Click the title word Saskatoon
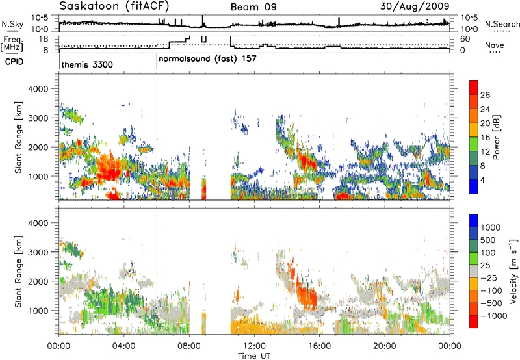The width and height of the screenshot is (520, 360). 89,6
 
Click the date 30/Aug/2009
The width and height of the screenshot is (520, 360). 415,6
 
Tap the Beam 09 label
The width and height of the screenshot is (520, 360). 253,7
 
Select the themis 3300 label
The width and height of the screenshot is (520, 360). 87,64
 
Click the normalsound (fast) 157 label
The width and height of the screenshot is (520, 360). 207,58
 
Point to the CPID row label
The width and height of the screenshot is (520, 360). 14,62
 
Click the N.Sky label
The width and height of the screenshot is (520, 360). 12,24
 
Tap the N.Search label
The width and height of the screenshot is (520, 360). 502,24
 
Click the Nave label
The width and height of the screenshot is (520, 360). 495,45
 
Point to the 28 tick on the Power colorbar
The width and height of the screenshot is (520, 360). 485,95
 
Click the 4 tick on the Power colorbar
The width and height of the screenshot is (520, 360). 482,181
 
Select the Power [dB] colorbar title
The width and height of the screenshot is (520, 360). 497,137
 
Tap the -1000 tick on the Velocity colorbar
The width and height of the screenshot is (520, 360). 494,316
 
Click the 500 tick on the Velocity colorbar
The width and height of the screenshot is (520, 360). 488,240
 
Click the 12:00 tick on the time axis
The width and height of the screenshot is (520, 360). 254,346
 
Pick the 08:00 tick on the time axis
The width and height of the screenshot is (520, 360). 189,346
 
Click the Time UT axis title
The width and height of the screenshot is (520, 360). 254,355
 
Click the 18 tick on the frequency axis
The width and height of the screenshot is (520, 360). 44,38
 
